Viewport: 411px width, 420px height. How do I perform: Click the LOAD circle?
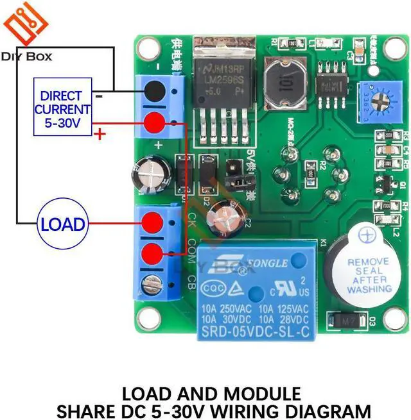point(62,224)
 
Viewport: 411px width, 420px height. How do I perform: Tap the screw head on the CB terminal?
point(153,281)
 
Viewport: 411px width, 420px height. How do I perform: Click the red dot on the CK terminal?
point(153,223)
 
